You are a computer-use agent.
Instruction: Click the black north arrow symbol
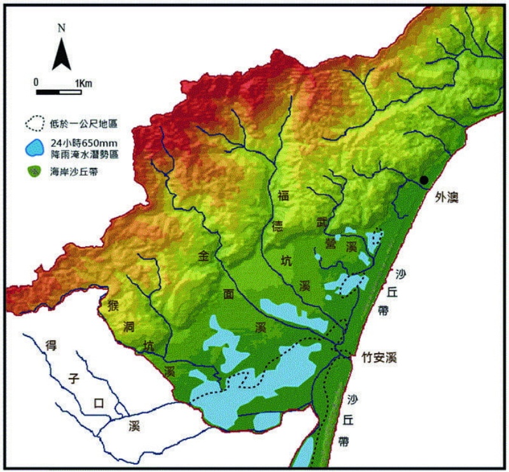pyautogui.click(x=61, y=53)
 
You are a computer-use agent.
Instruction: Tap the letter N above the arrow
pyautogui.click(x=61, y=28)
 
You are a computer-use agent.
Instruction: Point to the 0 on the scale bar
pyautogui.click(x=37, y=83)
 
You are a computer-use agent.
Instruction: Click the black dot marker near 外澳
pyautogui.click(x=424, y=180)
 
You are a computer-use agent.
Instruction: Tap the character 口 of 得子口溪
pyautogui.click(x=98, y=403)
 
